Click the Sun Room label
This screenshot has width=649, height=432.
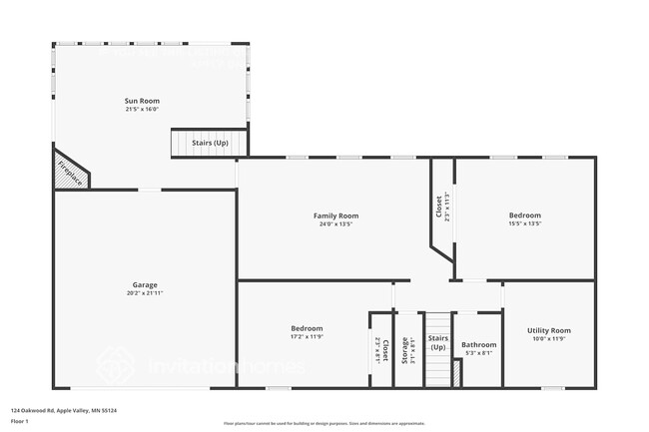[x=142, y=101]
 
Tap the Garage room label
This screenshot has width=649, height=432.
[x=146, y=284]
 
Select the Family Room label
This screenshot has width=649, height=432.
[x=335, y=216]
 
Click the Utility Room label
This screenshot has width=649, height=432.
[x=548, y=330]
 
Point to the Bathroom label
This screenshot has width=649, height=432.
[x=478, y=345]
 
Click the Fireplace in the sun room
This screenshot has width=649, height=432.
[x=69, y=171]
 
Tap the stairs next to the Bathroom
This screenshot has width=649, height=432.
[x=438, y=349]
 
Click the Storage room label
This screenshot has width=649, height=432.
[x=405, y=349]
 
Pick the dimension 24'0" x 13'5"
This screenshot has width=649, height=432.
[x=335, y=224]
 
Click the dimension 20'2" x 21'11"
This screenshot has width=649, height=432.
[x=146, y=293]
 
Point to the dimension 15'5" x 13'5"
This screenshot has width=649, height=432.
[x=524, y=224]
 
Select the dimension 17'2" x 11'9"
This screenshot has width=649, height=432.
[x=307, y=337]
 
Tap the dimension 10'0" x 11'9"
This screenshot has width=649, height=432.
[x=548, y=339]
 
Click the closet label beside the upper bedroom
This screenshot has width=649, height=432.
[x=438, y=206]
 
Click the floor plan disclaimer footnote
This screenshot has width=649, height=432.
[x=324, y=423]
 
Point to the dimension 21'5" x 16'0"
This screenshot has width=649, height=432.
[x=142, y=110]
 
